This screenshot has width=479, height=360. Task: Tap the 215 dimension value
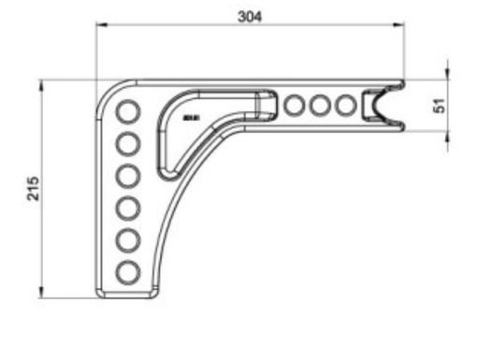click(32, 187)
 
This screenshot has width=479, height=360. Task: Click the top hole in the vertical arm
click(126, 113)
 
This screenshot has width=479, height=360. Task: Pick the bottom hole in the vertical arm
click(126, 272)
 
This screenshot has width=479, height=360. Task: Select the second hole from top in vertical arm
click(126, 145)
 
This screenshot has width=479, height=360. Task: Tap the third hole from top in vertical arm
click(126, 177)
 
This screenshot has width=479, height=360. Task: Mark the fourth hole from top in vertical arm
click(126, 209)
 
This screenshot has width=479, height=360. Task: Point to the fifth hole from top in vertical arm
click(126, 240)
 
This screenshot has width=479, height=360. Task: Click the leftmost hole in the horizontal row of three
click(296, 105)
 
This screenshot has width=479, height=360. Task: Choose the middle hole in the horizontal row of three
click(321, 105)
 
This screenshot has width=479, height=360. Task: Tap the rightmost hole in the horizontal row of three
click(346, 105)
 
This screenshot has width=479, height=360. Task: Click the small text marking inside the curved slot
click(193, 118)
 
